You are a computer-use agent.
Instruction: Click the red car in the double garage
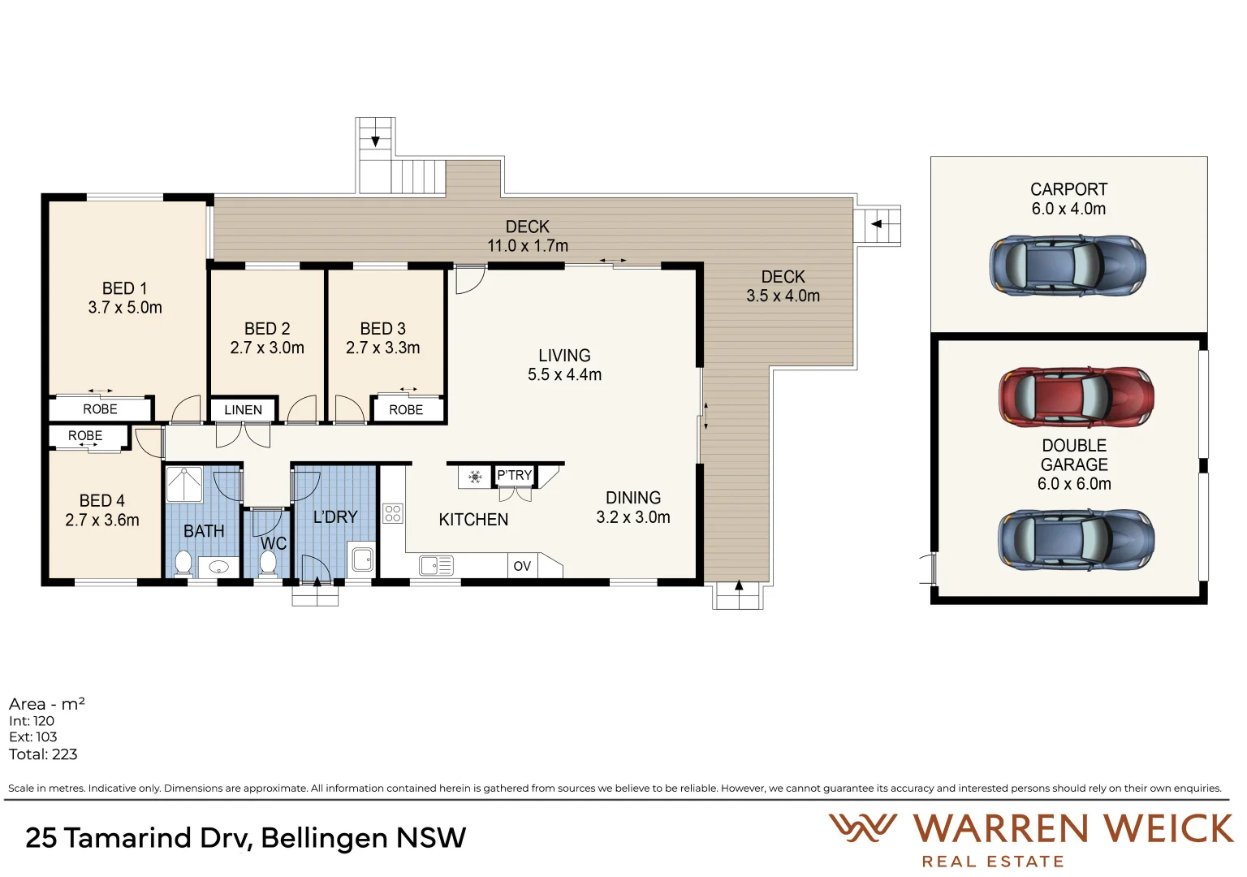[1076, 397]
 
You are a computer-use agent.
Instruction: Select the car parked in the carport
[1068, 266]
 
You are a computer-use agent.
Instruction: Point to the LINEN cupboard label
[243, 410]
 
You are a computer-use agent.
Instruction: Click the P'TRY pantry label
[514, 475]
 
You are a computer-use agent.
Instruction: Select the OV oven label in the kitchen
[522, 566]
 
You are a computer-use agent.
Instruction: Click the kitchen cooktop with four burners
[393, 513]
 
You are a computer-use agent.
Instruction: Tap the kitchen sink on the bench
[436, 565]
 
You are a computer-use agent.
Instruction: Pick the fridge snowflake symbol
[476, 477]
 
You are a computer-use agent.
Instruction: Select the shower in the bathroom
[184, 485]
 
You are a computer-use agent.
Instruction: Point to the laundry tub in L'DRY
[362, 559]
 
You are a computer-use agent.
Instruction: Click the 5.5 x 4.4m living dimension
[564, 374]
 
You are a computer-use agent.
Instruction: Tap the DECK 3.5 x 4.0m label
[783, 287]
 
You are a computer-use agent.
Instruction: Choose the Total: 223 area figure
[43, 754]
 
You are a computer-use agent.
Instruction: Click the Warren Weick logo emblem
[862, 828]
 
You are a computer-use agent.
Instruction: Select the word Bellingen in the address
[324, 838]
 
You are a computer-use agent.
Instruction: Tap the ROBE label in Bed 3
[406, 410]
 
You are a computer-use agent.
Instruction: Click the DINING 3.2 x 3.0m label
[633, 508]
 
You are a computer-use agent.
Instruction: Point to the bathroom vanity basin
[218, 566]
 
